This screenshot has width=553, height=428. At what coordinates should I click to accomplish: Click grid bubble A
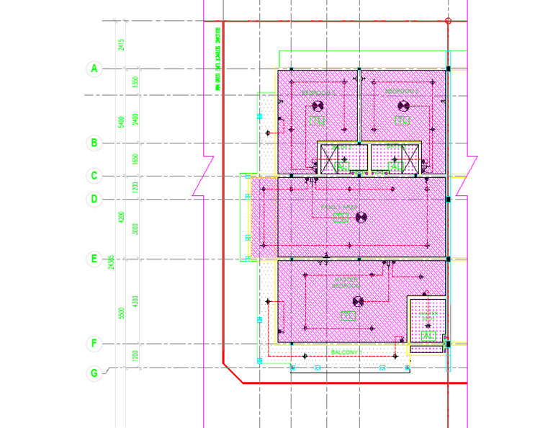click(93, 69)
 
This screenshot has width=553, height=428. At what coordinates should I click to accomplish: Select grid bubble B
click(93, 143)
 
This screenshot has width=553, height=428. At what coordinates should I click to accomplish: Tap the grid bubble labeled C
click(93, 175)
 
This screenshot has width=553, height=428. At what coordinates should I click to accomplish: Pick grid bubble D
click(93, 199)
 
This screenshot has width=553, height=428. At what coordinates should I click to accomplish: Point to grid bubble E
click(93, 259)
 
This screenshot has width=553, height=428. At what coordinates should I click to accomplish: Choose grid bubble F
click(93, 344)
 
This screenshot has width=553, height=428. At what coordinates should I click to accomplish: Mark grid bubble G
click(93, 373)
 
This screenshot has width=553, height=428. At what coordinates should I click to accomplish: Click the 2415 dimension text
click(122, 45)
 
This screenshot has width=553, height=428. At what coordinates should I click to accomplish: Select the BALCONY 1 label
click(345, 352)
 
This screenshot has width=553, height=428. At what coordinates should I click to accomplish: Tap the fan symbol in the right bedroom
click(403, 106)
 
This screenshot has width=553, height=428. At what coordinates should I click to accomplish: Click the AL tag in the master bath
click(428, 336)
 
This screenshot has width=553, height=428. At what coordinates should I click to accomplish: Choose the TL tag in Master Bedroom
click(348, 316)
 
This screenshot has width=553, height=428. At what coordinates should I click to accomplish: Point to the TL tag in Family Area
click(341, 218)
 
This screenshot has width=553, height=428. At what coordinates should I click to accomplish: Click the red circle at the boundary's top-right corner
click(448, 21)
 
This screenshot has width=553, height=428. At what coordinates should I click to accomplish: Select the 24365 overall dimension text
click(110, 263)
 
